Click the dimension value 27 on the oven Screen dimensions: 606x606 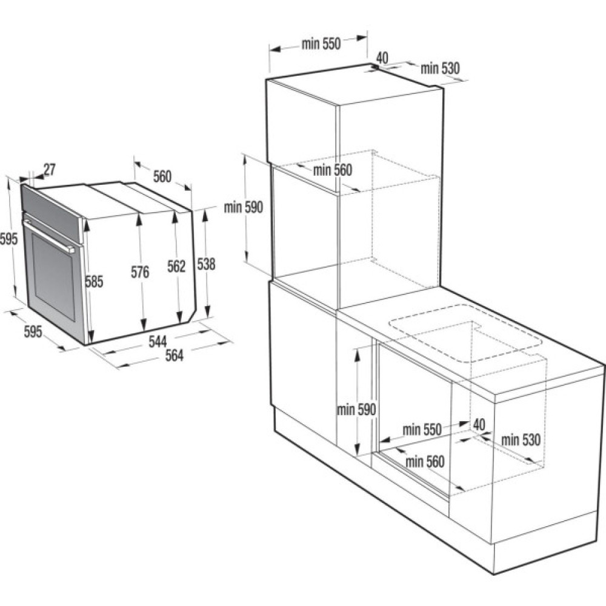click(49, 170)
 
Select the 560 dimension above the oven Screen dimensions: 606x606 click(162, 176)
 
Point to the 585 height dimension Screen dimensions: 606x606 click(95, 281)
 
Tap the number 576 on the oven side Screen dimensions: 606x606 click(140, 272)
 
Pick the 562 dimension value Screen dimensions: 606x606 click(176, 266)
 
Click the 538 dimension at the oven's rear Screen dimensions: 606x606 click(206, 264)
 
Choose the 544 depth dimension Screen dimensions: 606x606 click(158, 342)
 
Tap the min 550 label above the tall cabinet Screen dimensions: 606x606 click(321, 44)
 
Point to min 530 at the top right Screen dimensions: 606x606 click(441, 68)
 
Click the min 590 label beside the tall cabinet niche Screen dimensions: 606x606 click(243, 207)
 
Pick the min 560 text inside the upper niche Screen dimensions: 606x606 click(332, 170)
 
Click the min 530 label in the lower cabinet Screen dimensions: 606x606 click(520, 440)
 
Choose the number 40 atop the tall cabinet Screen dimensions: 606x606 click(382, 58)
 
